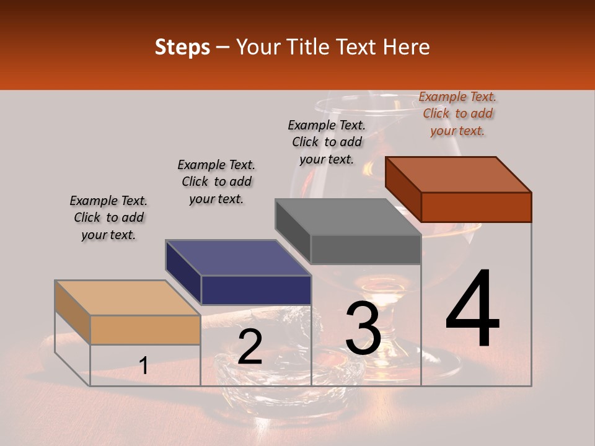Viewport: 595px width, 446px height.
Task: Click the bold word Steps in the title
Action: coord(182,47)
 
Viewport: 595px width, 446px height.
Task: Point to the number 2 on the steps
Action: coord(250,347)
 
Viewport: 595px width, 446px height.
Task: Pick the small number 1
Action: coord(143,365)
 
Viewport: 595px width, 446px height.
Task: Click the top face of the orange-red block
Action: coord(459,175)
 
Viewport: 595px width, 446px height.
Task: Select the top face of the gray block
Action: coord(348,217)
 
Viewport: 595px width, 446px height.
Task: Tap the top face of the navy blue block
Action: coord(238,258)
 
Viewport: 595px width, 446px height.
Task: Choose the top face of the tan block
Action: coord(128,298)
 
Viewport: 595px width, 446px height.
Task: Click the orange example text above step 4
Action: coord(457,113)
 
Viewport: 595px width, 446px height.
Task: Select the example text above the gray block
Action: coord(327,142)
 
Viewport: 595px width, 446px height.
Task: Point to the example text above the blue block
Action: coord(216,181)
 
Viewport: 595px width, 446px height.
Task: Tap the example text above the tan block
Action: coord(108,217)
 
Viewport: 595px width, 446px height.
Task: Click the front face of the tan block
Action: coord(145,330)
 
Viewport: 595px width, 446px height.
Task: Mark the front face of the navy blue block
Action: coord(255,290)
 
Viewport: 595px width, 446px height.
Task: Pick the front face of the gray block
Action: coord(366,250)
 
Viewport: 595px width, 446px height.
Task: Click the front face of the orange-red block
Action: coord(476,207)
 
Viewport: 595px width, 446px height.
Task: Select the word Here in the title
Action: coord(407,47)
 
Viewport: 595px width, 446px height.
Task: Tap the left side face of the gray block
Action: coord(293,230)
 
